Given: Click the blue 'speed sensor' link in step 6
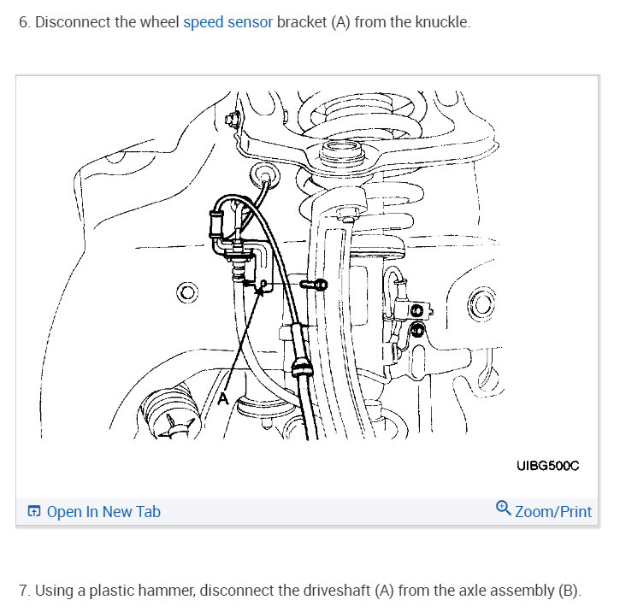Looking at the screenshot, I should (x=227, y=22).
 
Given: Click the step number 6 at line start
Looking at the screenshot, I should (x=23, y=22).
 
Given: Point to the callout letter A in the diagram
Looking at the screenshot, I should (x=223, y=398).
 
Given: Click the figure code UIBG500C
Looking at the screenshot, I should (x=548, y=466).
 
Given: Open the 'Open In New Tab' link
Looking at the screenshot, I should (x=103, y=512).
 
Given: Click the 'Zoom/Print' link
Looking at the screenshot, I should (x=553, y=511).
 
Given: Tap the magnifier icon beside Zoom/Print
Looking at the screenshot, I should (x=504, y=509).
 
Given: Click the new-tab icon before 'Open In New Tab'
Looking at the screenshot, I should (x=34, y=512).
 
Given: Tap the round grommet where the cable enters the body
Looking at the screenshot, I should (x=265, y=178).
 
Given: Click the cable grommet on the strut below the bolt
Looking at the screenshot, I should (x=299, y=370).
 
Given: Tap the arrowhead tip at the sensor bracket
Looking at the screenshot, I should (x=258, y=288).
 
